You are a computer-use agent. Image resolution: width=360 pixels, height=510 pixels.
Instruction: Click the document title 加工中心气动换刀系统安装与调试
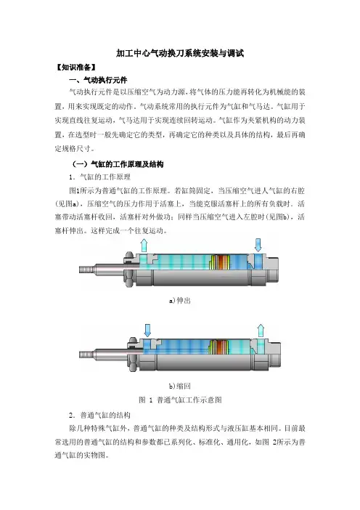pyautogui.click(x=180, y=53)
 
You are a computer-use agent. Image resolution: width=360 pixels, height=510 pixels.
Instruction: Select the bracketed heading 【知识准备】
pyautogui.click(x=75, y=68)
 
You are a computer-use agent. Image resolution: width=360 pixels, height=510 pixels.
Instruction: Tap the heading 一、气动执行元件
pyautogui.click(x=98, y=80)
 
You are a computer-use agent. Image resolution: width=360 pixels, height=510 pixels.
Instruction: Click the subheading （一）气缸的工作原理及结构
pyautogui.click(x=118, y=164)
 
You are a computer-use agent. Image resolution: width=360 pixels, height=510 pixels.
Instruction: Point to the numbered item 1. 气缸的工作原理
pyautogui.click(x=99, y=177)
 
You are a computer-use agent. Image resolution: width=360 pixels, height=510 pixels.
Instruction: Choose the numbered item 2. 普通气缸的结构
pyautogui.click(x=99, y=416)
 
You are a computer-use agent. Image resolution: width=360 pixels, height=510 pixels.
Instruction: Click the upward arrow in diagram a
pyautogui.click(x=144, y=246)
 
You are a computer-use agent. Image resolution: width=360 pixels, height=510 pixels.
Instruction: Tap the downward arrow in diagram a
pyautogui.click(x=258, y=245)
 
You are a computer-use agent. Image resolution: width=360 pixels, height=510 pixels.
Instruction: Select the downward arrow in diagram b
pyautogui.click(x=147, y=331)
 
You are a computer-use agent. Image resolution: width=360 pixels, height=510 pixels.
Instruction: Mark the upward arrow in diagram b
pyautogui.click(x=261, y=331)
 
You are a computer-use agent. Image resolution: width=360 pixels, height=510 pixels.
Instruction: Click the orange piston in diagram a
pyautogui.click(x=221, y=262)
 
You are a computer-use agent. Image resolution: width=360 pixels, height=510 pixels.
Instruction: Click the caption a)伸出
pyautogui.click(x=180, y=301)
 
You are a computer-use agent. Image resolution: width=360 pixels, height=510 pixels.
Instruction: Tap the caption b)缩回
pyautogui.click(x=180, y=386)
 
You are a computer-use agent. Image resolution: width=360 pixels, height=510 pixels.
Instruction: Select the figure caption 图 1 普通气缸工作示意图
pyautogui.click(x=180, y=400)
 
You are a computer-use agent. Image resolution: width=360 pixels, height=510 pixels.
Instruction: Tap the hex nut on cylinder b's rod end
pyautogui.click(x=132, y=355)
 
